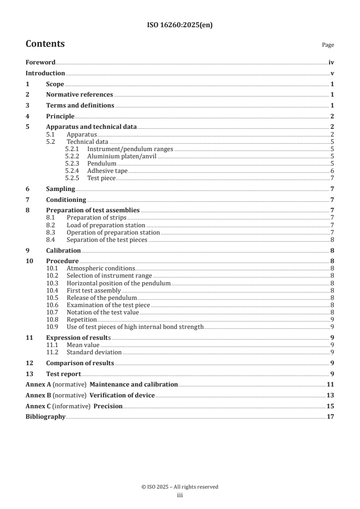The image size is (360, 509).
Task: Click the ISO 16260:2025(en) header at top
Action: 180,25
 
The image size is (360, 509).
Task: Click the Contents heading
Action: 45,44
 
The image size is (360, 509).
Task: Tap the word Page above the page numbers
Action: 328,45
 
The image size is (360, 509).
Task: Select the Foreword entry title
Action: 40,63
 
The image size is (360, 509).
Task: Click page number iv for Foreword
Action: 331,63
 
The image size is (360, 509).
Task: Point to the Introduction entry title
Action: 45,73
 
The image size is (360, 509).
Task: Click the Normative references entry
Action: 79,95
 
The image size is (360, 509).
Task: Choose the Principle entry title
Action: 60,116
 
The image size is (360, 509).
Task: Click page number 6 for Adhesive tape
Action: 332,171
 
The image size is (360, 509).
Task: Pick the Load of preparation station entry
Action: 106,225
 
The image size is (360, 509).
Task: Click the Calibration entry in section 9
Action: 64,250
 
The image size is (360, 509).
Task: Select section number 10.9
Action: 53,327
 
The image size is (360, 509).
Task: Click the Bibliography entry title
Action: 45,416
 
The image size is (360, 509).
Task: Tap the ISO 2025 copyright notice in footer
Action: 180,487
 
